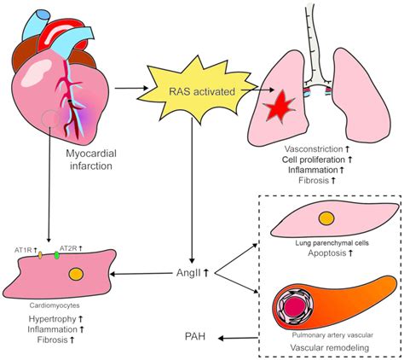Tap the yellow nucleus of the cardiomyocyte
pos(77,275)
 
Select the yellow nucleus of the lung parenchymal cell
pos(326,218)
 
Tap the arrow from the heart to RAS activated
pos(130,87)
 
